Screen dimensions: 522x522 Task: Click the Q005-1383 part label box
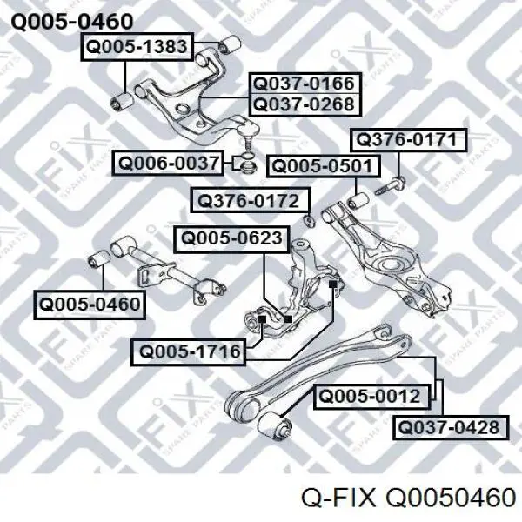tap(137, 47)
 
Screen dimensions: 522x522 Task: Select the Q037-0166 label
tap(305, 84)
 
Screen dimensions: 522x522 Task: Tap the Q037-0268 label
tap(305, 105)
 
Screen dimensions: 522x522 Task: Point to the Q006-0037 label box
tap(168, 164)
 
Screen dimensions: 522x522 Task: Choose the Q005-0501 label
tap(324, 166)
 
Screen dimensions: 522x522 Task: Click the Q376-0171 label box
tap(409, 140)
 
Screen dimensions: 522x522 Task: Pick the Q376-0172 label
tap(251, 200)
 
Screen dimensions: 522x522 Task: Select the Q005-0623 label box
tap(231, 238)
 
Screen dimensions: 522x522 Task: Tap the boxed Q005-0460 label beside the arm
tap(90, 304)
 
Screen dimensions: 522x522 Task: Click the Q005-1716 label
tap(189, 352)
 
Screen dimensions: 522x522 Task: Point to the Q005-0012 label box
tap(371, 397)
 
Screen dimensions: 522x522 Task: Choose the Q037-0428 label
tap(451, 427)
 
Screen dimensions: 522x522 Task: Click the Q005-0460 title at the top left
tap(72, 22)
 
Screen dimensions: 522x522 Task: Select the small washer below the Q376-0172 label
tap(310, 220)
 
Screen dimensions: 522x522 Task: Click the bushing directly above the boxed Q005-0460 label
tap(99, 258)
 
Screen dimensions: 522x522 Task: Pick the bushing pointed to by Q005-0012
tap(275, 425)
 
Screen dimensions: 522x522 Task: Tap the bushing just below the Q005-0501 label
tap(358, 200)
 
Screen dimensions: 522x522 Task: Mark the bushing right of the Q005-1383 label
tap(230, 45)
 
